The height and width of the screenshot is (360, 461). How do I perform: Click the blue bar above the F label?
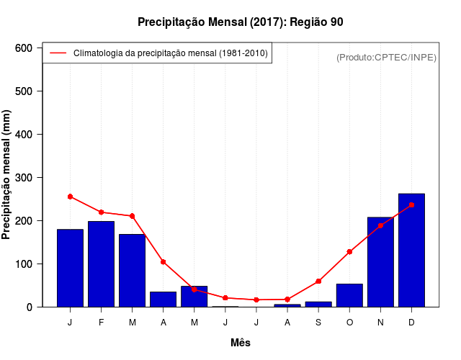coord(101,264)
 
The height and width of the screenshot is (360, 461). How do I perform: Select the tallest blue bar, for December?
coord(411,250)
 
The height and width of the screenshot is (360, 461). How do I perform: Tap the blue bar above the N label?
coord(380,262)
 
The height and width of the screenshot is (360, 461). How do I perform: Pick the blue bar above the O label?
coord(349,295)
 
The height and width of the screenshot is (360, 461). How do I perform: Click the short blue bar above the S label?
coord(318,304)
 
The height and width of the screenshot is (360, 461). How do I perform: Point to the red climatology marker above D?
coord(411,205)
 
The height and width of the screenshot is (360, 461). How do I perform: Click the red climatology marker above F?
coord(101,212)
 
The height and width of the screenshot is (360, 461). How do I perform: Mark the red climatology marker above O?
coord(349,252)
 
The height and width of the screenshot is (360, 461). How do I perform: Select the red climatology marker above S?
coord(318,282)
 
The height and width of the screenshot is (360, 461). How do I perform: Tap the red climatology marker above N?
coord(380,225)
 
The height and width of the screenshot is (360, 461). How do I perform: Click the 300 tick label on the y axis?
coord(23,178)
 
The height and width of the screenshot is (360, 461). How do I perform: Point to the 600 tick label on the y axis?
coord(23,48)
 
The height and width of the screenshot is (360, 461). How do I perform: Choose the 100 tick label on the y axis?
coord(23,264)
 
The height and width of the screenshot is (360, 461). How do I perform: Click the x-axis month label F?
coord(101,323)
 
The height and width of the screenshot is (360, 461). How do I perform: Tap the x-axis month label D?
coord(411,323)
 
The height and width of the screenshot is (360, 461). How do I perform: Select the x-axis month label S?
coord(318,323)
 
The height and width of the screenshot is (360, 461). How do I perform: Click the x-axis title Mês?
coord(241,343)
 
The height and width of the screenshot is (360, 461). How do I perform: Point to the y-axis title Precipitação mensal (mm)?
coord(7,175)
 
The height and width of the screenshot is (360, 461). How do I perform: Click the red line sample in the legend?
coord(58,53)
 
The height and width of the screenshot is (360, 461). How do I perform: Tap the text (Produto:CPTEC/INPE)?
coord(386,58)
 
